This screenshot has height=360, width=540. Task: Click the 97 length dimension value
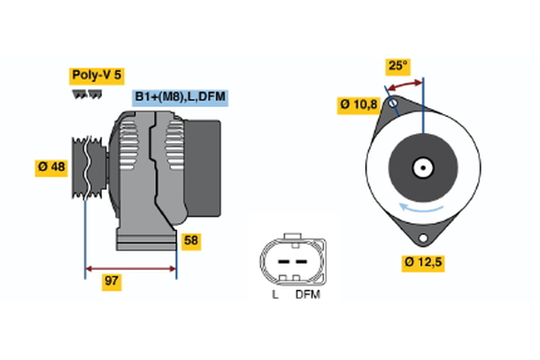coord(112,281)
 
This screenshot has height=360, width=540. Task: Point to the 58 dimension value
coord(190,240)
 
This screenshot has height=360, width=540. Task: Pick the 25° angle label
coord(398,66)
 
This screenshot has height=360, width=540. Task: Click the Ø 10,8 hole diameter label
coord(357,104)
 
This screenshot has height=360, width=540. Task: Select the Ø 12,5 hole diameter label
coord(423,263)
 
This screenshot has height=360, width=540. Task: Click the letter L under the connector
coord(274,294)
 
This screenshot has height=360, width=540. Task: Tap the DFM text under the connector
coord(307,294)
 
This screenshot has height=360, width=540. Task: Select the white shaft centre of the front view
coord(423,166)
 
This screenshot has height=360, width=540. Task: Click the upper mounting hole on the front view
coord(392,105)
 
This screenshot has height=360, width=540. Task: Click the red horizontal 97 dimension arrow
coord(130,267)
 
